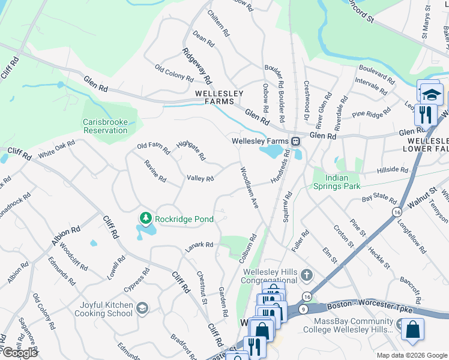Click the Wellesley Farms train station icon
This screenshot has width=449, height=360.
tap(295, 141)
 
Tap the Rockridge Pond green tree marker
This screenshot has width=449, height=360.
tap(144, 218)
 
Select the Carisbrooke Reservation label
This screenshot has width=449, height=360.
tap(105, 126)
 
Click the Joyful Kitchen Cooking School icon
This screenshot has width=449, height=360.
tap(142, 309)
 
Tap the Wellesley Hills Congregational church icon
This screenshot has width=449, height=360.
tap(306, 275)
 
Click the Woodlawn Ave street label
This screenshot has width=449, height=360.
tap(249, 187)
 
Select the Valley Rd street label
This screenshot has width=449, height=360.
tap(200, 179)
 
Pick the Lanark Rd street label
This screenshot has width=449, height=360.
tap(199, 245)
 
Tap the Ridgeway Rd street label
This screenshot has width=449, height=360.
tap(197, 66)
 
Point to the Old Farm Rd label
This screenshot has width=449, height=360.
tap(154, 146)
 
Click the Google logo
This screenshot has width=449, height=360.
tap(20, 352)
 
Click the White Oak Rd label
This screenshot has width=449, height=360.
tap(56, 149)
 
